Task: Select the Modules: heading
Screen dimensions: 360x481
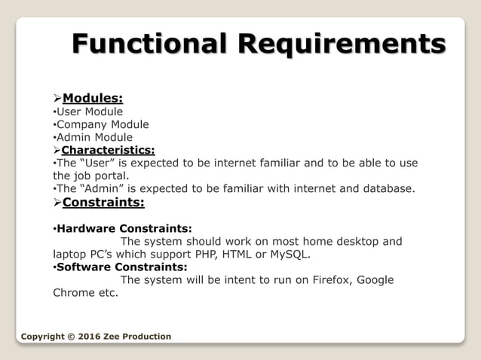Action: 93,98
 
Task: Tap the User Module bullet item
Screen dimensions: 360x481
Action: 90,111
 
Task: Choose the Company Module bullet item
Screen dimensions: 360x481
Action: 103,124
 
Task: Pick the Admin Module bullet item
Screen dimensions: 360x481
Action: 94,137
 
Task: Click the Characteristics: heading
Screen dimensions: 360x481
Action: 108,150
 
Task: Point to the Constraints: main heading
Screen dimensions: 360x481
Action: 103,202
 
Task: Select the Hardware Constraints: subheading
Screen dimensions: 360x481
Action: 124,227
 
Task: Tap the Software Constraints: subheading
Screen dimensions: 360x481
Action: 121,267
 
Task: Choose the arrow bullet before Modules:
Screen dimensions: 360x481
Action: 57,98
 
